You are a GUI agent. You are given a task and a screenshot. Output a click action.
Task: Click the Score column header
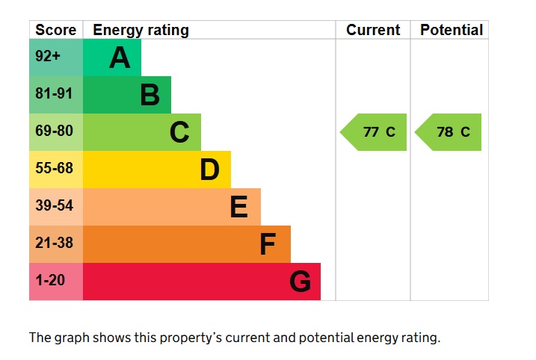56,31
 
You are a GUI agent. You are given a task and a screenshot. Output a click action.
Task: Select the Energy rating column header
141,31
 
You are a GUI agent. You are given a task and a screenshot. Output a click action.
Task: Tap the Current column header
373,31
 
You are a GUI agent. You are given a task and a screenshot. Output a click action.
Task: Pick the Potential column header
451,31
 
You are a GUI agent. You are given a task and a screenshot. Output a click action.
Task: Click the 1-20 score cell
52,281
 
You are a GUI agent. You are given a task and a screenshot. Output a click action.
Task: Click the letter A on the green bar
120,58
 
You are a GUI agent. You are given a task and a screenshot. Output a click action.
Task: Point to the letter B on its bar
150,95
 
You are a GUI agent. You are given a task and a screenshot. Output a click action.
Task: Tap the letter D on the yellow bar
209,170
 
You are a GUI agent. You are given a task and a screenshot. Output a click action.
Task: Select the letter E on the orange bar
238,207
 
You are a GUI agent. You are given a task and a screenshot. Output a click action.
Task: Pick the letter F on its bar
268,244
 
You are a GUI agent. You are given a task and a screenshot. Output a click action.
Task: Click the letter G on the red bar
300,282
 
